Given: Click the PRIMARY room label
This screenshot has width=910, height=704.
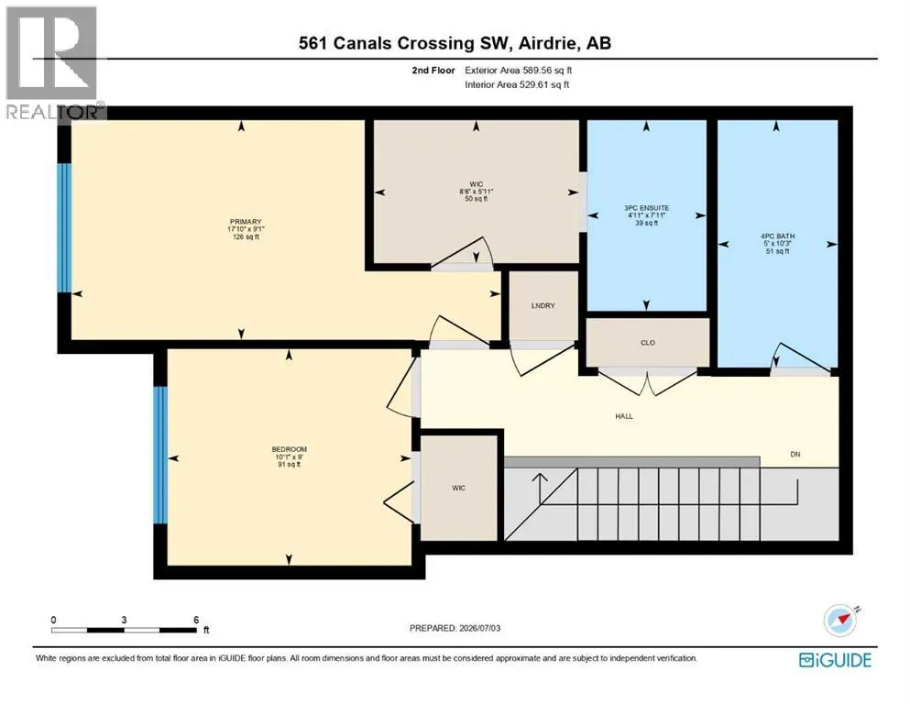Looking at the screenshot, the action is tap(246, 222).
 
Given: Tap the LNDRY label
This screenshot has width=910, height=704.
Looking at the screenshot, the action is tap(543, 305).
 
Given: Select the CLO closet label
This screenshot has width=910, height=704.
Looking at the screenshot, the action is tap(648, 343).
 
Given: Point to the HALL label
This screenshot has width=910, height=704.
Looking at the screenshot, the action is tap(624, 416).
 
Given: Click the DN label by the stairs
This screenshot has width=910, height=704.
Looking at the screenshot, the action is tap(795, 455).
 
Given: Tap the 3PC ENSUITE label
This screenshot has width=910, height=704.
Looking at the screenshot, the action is tap(646, 208).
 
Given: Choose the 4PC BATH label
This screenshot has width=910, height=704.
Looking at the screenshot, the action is tap(778, 236).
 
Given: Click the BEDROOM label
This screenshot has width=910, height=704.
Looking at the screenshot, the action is tap(289, 449).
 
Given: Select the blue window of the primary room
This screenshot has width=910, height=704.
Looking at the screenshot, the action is tap(64, 227).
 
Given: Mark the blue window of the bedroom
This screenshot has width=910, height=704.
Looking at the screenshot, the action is tap(160, 455).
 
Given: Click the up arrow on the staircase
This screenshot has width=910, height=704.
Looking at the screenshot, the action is tap(540, 489).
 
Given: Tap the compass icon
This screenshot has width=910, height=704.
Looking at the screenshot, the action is tap(840, 621).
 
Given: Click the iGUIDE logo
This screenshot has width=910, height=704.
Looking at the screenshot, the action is tap(835, 660).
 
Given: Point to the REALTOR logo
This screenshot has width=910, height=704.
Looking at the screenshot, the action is tap(54, 63).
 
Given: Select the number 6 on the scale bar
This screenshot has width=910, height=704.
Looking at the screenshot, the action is tap(196, 620).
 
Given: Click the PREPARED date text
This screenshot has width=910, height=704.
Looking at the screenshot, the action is tap(455, 628).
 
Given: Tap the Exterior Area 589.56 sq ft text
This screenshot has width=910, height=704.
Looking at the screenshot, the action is tap(519, 71).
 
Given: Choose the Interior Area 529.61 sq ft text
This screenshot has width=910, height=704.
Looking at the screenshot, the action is tap(517, 84).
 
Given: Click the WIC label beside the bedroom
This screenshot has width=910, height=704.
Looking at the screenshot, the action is tap(458, 488).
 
